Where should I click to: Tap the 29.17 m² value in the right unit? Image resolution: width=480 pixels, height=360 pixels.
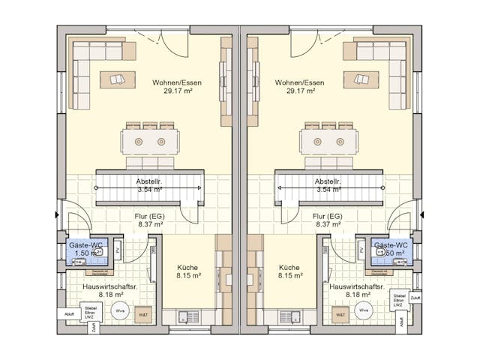click(x=299, y=91)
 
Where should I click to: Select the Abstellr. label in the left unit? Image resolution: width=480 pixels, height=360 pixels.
click(x=151, y=181)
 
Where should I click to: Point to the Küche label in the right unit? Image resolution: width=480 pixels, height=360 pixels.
click(x=289, y=267)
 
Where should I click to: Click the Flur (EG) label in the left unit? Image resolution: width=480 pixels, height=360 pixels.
click(x=150, y=215)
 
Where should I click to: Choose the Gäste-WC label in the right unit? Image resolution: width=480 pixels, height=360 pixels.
click(x=391, y=245)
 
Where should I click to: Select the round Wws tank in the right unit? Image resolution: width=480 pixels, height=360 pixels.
click(x=363, y=310)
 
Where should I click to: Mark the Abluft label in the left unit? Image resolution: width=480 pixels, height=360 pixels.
click(x=69, y=313)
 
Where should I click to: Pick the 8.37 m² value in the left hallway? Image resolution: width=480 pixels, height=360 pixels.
click(x=150, y=224)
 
